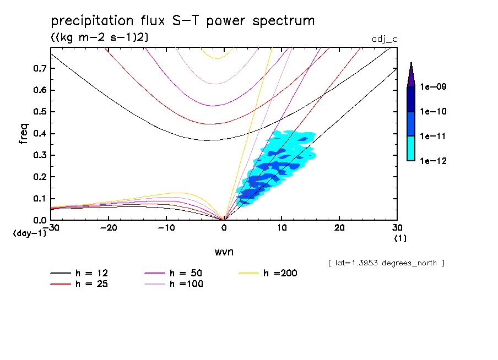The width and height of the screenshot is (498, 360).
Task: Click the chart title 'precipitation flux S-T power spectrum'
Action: [x=183, y=21]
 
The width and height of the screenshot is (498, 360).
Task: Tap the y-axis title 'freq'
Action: [x=24, y=134]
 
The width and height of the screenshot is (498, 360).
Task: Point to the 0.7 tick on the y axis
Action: [x=40, y=68]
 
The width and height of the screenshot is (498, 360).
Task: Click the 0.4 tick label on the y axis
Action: [x=40, y=134]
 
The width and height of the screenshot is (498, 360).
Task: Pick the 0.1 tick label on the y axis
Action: [x=40, y=199]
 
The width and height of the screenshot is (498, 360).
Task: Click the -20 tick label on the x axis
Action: [x=109, y=228]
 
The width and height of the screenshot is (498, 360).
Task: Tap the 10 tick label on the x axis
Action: [x=282, y=228]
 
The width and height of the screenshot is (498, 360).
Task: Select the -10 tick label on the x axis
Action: [x=166, y=228]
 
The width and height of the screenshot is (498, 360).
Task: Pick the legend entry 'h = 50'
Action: [x=188, y=272]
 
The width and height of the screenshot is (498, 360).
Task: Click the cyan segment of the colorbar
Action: [x=410, y=148]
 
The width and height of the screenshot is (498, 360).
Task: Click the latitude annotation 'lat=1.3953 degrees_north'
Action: [x=386, y=263]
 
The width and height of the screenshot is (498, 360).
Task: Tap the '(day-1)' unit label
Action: [x=30, y=233]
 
